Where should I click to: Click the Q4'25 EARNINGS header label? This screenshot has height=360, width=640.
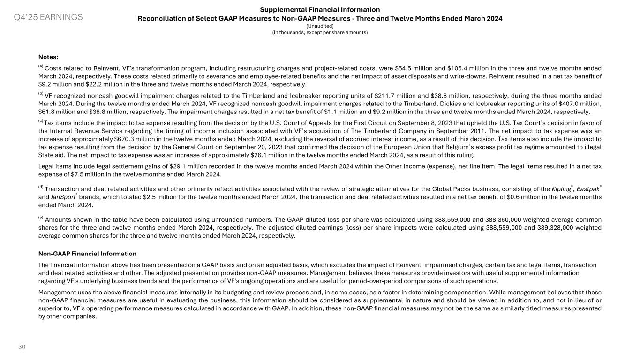tap(48, 17)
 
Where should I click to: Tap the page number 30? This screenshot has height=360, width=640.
tap(22, 347)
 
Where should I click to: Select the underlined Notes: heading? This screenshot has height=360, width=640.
tap(48, 57)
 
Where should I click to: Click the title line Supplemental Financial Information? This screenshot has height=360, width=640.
tap(320, 9)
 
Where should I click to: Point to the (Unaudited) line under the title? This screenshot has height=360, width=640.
tap(320, 26)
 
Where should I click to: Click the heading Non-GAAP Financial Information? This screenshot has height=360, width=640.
tap(87, 254)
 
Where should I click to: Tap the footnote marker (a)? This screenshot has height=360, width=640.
tap(41, 67)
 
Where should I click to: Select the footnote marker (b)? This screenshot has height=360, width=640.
tap(41, 94)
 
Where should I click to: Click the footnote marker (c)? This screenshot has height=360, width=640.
tap(41, 121)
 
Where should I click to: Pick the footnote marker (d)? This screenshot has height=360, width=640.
tap(41, 187)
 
